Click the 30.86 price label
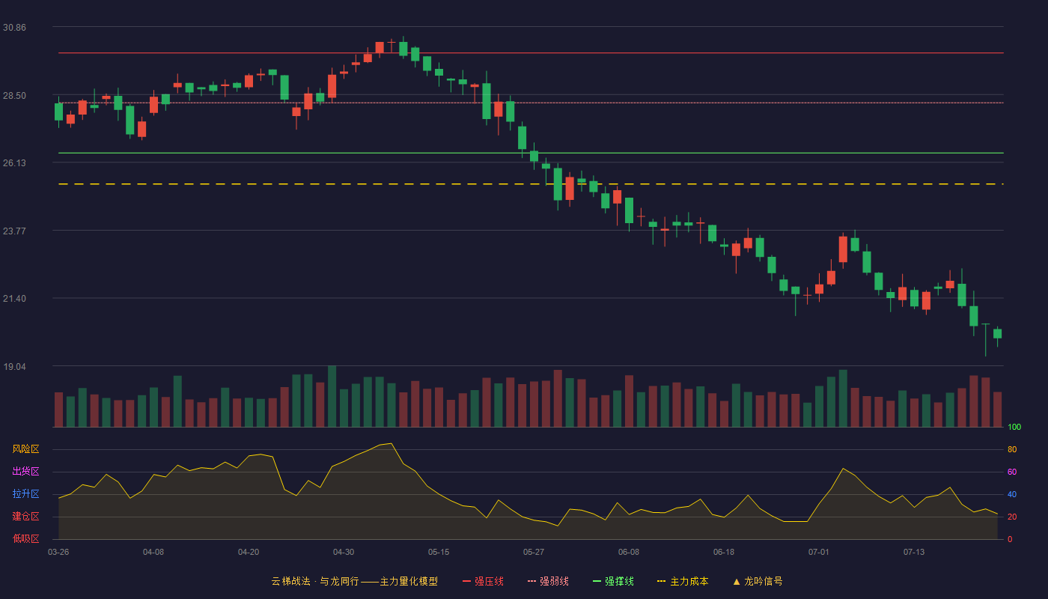pyautogui.click(x=14, y=28)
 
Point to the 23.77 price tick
pyautogui.click(x=14, y=231)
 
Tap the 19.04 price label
pyautogui.click(x=14, y=367)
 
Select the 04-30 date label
pyautogui.click(x=344, y=553)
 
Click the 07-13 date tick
pyautogui.click(x=914, y=553)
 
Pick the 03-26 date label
pyautogui.click(x=58, y=553)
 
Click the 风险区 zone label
pyautogui.click(x=25, y=449)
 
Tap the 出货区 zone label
pyautogui.click(x=25, y=471)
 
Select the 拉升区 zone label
pyautogui.click(x=25, y=493)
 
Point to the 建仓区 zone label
pyautogui.click(x=25, y=516)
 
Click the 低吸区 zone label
pyautogui.click(x=25, y=538)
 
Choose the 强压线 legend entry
pyautogui.click(x=483, y=581)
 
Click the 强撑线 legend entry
pyautogui.click(x=613, y=581)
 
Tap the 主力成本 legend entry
pyautogui.click(x=683, y=581)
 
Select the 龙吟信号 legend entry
pyautogui.click(x=758, y=581)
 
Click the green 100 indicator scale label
pyautogui.click(x=1014, y=427)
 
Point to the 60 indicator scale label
pyautogui.click(x=1012, y=472)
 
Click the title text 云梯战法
pyautogui.click(x=290, y=581)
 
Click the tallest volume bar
pyautogui.click(x=332, y=396)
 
